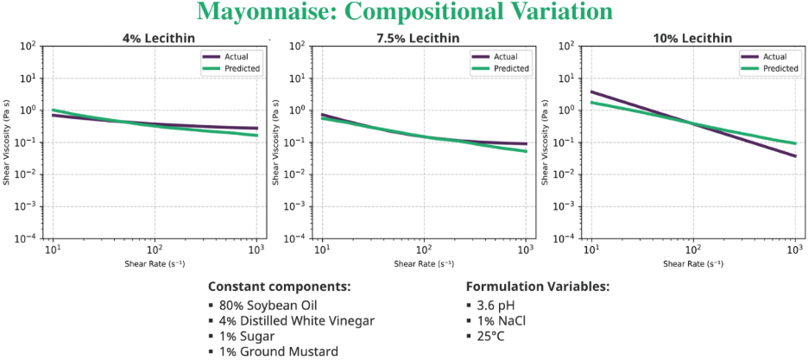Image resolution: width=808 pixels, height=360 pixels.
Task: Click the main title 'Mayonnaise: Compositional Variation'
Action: click(x=404, y=13)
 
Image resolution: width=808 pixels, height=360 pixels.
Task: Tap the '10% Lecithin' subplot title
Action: click(x=693, y=38)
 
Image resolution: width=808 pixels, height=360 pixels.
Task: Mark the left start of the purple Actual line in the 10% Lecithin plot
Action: click(x=591, y=92)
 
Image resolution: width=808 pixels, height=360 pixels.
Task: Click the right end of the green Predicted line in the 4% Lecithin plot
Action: click(x=256, y=135)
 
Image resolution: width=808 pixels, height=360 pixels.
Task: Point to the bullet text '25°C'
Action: click(x=490, y=336)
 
